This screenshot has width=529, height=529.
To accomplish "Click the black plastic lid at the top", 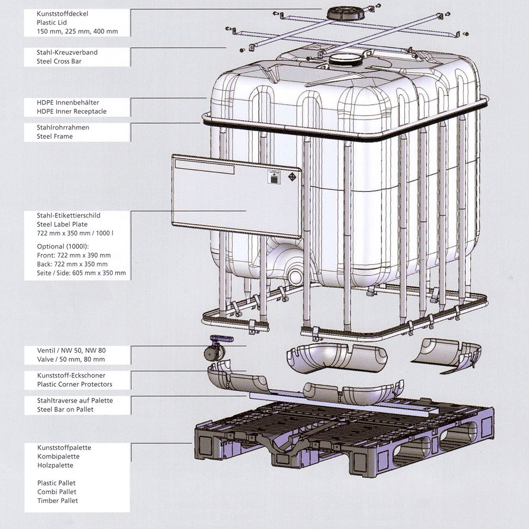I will tap(346, 13).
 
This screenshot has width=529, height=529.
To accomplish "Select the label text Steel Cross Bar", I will tap(59, 61).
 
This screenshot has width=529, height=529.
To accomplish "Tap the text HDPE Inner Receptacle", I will tap(71, 111).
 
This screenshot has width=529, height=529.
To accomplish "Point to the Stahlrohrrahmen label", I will tap(63, 127).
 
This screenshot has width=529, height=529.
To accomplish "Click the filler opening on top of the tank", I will tap(346, 60).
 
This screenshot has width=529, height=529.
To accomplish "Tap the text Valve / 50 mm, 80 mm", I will tap(71, 359).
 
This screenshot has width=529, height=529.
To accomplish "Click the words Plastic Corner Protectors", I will tap(75, 384).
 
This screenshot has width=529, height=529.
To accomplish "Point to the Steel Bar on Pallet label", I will tap(66, 409).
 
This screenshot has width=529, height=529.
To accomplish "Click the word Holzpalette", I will tap(55, 466).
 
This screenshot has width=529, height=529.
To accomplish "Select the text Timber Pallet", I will tap(58, 500).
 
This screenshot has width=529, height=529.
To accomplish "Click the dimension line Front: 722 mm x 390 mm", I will tap(74, 256).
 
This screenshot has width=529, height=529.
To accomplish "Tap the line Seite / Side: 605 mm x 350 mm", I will tap(81, 273).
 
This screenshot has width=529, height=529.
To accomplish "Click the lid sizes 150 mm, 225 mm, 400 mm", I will tap(77, 31).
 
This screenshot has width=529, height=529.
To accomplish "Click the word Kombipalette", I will tap(58, 457).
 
